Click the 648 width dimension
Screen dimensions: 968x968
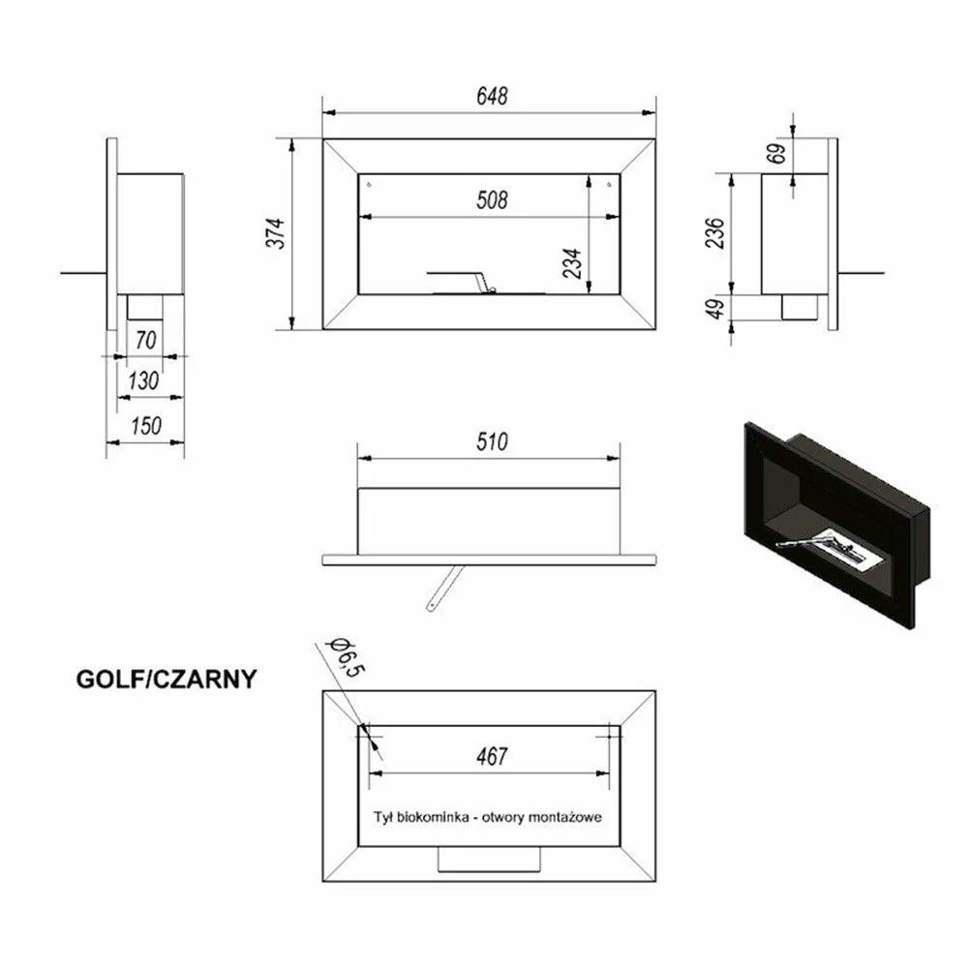coord(492,96)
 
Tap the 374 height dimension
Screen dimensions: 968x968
coord(276,233)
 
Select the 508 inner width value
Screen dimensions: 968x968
coord(492,200)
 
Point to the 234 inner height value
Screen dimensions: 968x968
coord(572,263)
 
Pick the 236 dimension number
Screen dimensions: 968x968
coord(714,232)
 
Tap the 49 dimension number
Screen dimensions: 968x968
coord(715,309)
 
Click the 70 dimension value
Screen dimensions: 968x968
coord(146,340)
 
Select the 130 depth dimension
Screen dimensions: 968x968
coord(144,380)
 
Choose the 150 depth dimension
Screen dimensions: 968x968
coord(146,426)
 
